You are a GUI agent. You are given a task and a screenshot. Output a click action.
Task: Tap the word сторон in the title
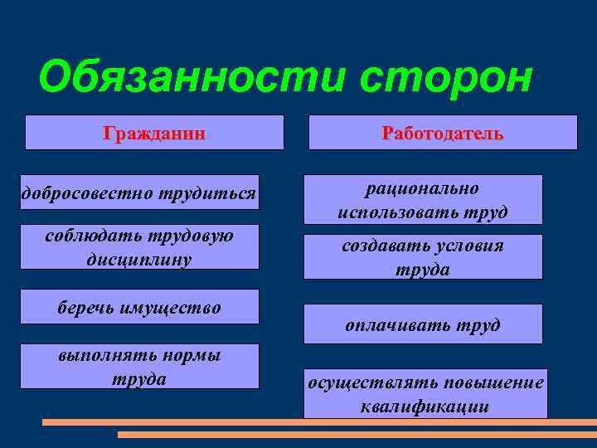coord(448,79)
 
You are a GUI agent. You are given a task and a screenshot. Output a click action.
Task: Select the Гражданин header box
coord(154,133)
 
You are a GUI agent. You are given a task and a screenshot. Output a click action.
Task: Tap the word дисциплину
coord(138,259)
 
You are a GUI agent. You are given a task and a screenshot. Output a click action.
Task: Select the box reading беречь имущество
coord(139,308)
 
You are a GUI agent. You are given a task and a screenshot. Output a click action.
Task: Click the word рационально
coord(422,189)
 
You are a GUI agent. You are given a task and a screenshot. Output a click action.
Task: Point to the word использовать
coord(386,212)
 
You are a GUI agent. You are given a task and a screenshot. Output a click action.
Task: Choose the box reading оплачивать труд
coord(423,324)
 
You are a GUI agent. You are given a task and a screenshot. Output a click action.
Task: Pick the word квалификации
coord(425,407)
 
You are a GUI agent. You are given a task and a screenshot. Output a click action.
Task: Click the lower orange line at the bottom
coord(357,434)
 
